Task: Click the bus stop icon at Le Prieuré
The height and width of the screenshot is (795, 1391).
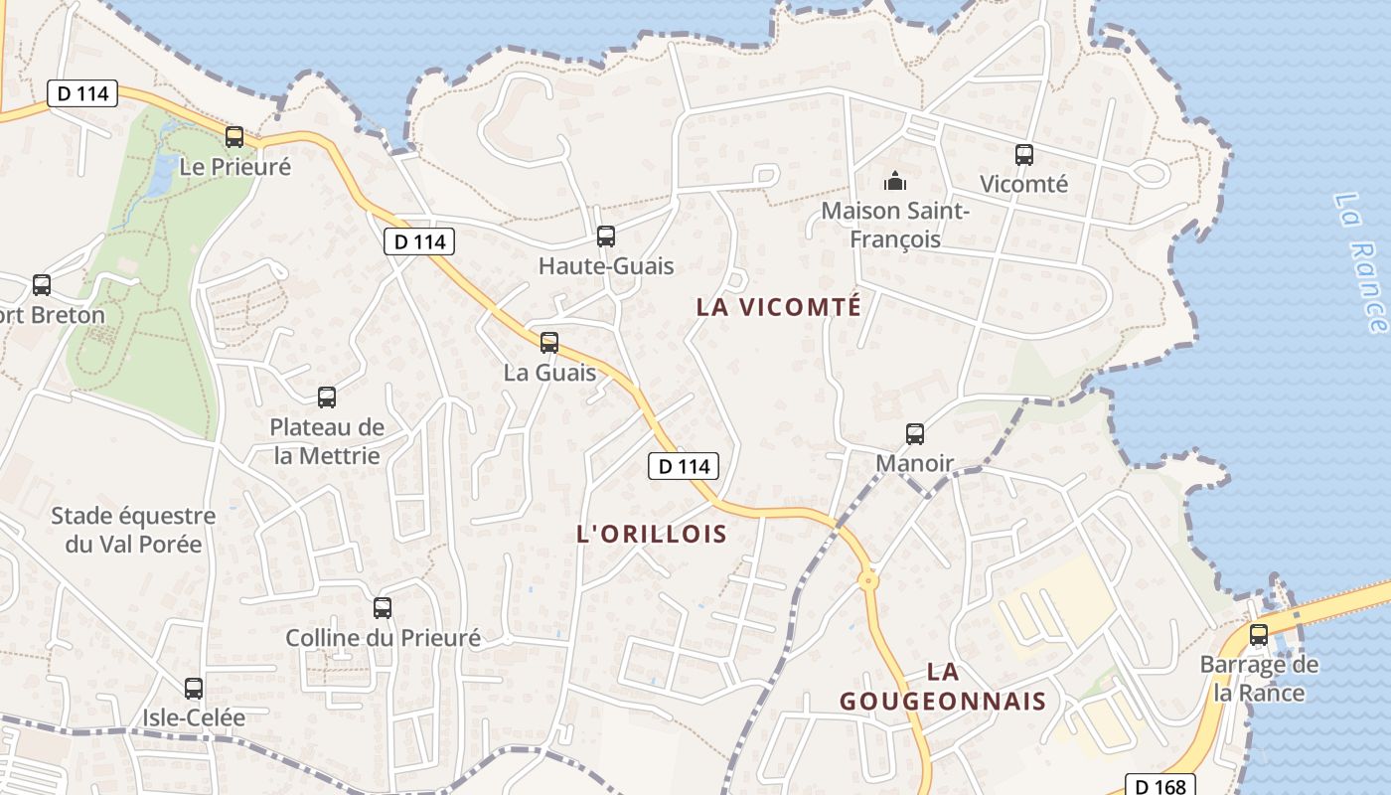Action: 234,137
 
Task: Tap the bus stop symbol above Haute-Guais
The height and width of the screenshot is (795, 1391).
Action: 605,237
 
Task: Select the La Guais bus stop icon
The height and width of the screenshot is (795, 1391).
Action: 548,343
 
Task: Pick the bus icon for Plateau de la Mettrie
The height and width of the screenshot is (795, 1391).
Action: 327,397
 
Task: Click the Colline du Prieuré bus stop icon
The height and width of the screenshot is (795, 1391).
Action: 383,608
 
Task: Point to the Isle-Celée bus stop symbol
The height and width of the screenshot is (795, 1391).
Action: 194,688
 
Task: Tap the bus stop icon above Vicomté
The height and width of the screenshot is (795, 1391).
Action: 1024,155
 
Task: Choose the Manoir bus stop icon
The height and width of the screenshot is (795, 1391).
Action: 914,434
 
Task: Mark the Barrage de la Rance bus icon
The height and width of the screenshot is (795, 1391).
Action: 1259,635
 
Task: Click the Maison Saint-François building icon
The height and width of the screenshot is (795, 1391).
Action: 895,181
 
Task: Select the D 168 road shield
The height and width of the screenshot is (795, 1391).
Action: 1159,785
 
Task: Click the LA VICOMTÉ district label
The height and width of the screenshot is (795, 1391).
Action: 779,307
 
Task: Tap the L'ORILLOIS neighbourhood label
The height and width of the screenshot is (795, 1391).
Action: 652,534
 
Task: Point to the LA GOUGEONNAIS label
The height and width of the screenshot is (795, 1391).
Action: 943,687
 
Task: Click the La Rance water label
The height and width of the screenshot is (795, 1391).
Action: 1358,263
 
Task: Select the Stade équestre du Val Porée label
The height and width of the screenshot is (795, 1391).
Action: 133,530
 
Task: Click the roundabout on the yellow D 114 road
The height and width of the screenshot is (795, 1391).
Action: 868,580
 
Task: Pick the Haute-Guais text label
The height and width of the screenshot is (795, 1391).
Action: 606,266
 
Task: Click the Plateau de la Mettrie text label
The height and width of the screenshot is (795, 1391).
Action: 327,441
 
